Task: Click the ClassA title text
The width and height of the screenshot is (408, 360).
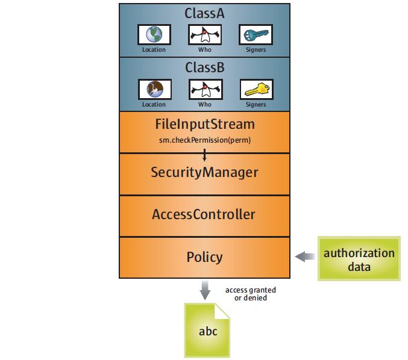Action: pyautogui.click(x=205, y=13)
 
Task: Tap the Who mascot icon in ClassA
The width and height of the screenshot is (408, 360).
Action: pyautogui.click(x=204, y=34)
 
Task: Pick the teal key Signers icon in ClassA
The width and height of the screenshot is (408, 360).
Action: pyautogui.click(x=256, y=34)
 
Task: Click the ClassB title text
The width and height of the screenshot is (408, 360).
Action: pyautogui.click(x=205, y=67)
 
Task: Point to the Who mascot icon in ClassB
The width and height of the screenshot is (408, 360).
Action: pyautogui.click(x=204, y=89)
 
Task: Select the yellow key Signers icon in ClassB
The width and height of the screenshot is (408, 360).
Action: pyautogui.click(x=256, y=89)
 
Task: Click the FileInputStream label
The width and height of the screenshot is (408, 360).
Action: pyautogui.click(x=205, y=125)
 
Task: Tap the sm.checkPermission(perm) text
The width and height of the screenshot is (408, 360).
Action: pyautogui.click(x=205, y=140)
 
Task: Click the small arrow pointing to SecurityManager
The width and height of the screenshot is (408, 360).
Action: pyautogui.click(x=205, y=155)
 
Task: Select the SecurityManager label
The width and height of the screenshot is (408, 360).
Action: pyautogui.click(x=205, y=173)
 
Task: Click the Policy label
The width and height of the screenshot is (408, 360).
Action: pyautogui.click(x=205, y=257)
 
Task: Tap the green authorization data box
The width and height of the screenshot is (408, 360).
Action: pyautogui.click(x=359, y=258)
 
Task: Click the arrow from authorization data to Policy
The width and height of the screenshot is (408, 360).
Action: pyautogui.click(x=306, y=257)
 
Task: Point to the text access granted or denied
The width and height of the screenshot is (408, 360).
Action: pyautogui.click(x=250, y=294)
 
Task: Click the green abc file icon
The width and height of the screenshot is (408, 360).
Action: pyautogui.click(x=207, y=331)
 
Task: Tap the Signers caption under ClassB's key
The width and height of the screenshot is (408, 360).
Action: pyautogui.click(x=256, y=104)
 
